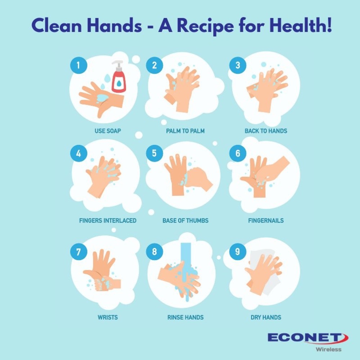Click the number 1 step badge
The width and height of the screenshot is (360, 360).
tap(78, 65)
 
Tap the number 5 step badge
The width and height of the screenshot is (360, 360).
tap(154, 153)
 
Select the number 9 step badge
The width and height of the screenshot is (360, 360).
tap(238, 252)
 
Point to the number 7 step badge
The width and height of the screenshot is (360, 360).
tap(78, 252)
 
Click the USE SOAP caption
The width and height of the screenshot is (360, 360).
tap(108, 131)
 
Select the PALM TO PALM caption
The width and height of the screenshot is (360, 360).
tap(185, 131)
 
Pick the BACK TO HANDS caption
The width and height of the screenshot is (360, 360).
tap(266, 131)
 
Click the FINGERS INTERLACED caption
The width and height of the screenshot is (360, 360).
tap(108, 220)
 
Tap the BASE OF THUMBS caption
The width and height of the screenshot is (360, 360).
tap(185, 220)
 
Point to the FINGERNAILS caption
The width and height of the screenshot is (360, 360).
tap(266, 220)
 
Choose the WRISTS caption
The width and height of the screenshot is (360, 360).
tap(108, 317)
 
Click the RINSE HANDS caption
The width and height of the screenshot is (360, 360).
tap(185, 317)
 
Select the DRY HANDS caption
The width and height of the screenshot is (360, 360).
tap(266, 317)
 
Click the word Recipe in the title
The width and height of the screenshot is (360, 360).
tap(205, 26)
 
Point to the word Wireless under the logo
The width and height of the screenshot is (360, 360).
tap(328, 349)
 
